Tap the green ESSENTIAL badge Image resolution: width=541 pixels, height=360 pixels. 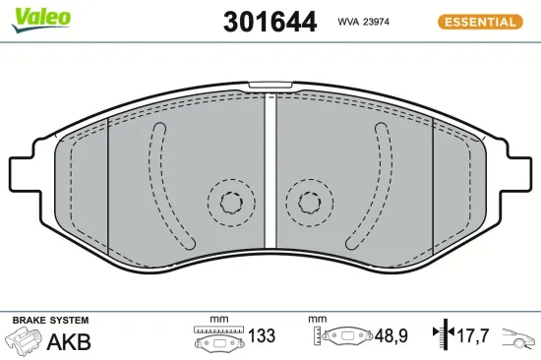pyautogui.click(x=479, y=21)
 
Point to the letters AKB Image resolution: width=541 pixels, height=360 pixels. pyautogui.click(x=69, y=342)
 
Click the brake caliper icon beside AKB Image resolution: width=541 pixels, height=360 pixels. pyautogui.click(x=24, y=341)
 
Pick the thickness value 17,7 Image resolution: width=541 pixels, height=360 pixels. pyautogui.click(x=474, y=336)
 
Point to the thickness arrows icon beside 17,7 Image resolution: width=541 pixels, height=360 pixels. pyautogui.click(x=444, y=336)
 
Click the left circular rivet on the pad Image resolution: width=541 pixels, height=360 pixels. pyautogui.click(x=230, y=204)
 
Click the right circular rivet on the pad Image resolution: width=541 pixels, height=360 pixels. pyautogui.click(x=310, y=204)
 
